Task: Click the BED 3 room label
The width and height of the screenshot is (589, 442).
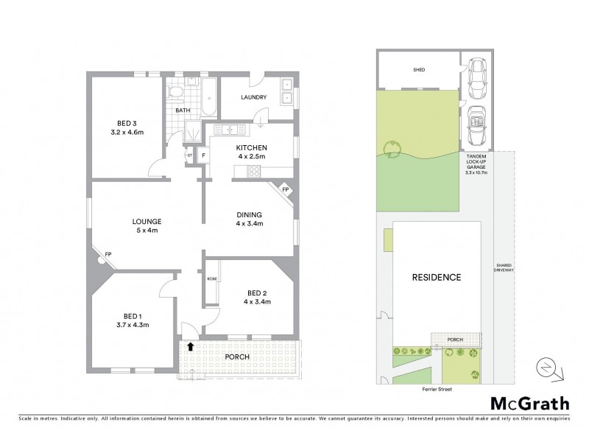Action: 127,122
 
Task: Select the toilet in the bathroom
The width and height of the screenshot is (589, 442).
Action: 175,92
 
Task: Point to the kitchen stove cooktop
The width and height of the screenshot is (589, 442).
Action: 254,173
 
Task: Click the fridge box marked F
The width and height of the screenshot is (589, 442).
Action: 202,155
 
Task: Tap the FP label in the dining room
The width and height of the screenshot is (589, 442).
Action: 286,190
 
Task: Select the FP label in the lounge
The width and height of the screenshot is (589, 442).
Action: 107,255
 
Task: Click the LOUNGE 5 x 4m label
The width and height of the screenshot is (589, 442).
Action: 147,225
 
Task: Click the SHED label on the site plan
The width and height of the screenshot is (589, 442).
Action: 419,71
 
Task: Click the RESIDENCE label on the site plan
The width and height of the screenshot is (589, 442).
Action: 437,278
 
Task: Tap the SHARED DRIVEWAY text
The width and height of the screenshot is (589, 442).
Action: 504,267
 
